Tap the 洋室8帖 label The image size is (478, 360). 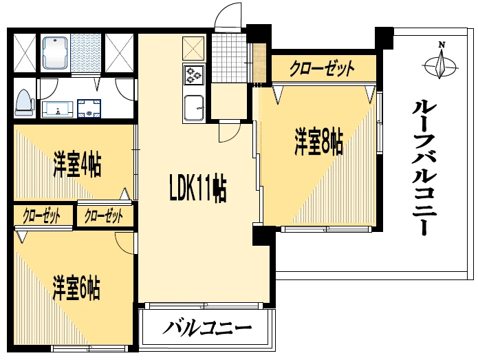click(319, 142)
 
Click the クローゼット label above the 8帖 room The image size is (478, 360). click(322, 68)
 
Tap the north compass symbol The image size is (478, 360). click(441, 65)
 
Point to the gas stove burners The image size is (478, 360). click(193, 74)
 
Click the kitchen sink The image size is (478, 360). click(193, 109)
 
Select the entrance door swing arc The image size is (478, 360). click(227, 17)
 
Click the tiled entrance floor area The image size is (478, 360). click(227, 56)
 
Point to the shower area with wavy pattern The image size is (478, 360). click(86, 53)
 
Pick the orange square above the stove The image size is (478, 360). click(193, 47)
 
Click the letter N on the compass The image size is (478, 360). click(442, 45)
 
